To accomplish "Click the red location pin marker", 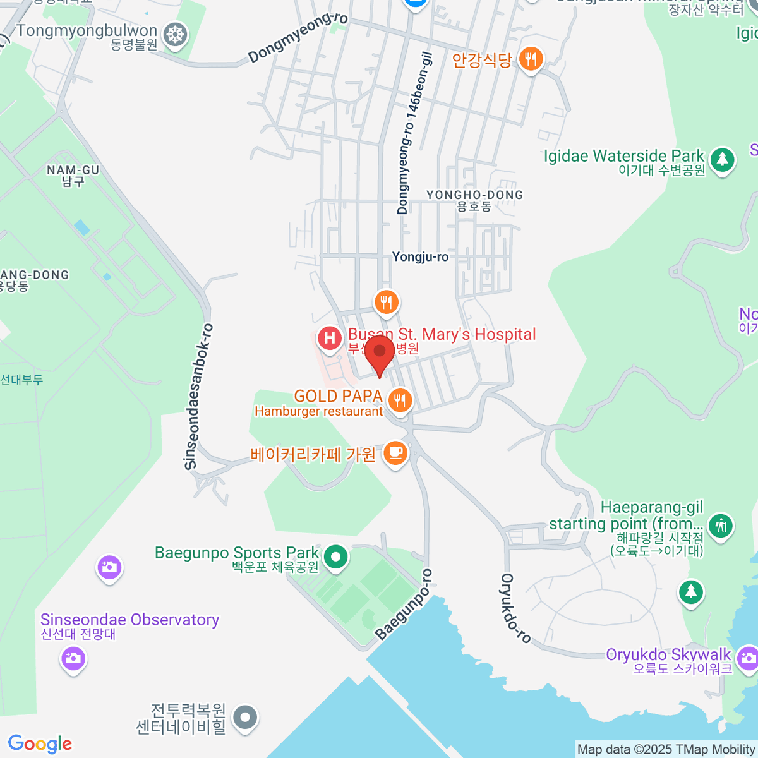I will pyautogui.click(x=380, y=352).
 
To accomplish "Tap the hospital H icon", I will pyautogui.click(x=329, y=338).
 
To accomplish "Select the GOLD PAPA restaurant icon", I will pyautogui.click(x=399, y=400).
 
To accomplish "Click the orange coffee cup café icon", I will pyautogui.click(x=395, y=453).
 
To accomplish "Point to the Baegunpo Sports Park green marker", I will pyautogui.click(x=336, y=557).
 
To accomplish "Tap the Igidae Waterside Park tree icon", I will pyautogui.click(x=722, y=160).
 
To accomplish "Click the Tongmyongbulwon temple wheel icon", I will pyautogui.click(x=175, y=35).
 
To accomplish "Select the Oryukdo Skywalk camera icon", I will pyautogui.click(x=748, y=658).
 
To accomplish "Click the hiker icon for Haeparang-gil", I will pyautogui.click(x=719, y=526).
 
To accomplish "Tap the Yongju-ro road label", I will pyautogui.click(x=420, y=256).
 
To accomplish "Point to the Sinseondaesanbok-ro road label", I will pyautogui.click(x=198, y=397).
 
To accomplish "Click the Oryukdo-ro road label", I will pyautogui.click(x=515, y=608).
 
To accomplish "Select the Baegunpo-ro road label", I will pyautogui.click(x=404, y=605).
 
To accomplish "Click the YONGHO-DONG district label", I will pyautogui.click(x=474, y=195).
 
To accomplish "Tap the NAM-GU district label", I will pyautogui.click(x=73, y=171).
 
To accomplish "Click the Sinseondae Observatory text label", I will pyautogui.click(x=129, y=620).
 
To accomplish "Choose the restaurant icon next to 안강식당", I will pyautogui.click(x=531, y=60).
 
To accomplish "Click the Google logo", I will pyautogui.click(x=40, y=743).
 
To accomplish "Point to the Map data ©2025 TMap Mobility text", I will pyautogui.click(x=666, y=750).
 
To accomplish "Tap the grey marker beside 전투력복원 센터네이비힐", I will pyautogui.click(x=245, y=718).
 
